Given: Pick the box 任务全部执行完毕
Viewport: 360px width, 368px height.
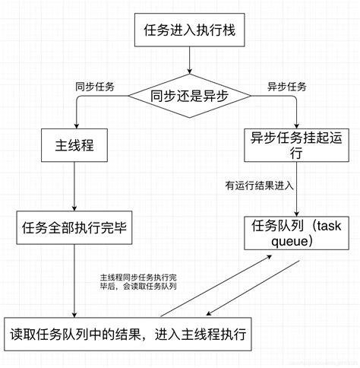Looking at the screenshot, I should pos(74,228).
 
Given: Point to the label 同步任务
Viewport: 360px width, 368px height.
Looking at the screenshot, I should pos(94,86).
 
